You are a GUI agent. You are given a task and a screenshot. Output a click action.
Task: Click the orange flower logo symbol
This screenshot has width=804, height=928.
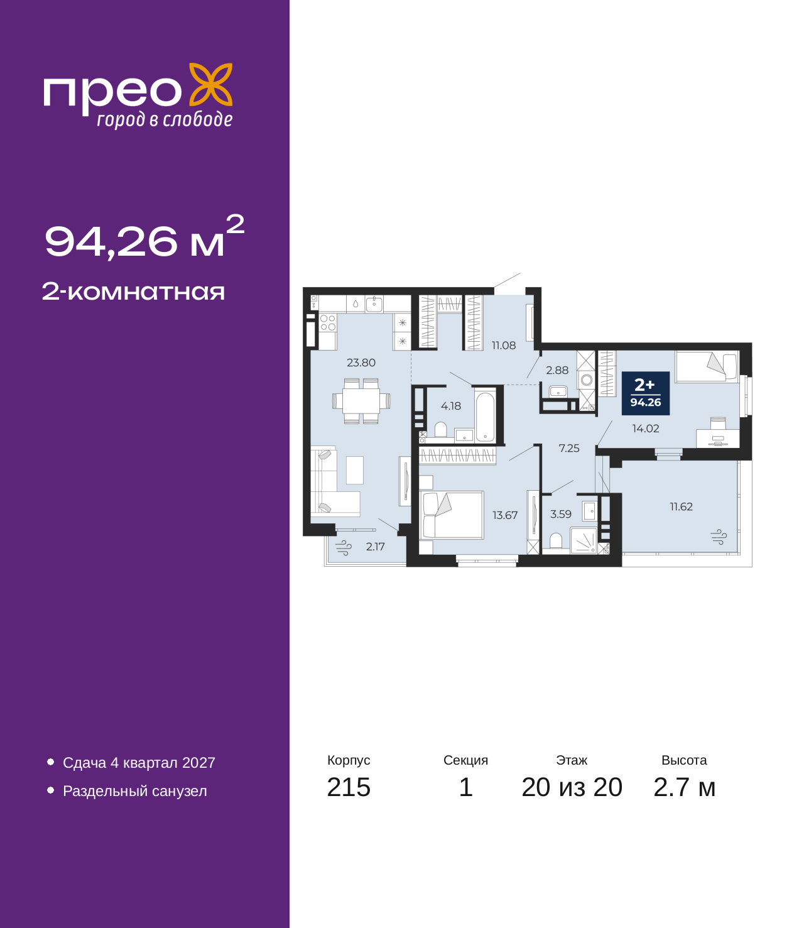click(x=210, y=84)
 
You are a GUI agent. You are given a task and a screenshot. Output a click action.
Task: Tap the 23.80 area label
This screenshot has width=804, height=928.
click(x=361, y=363)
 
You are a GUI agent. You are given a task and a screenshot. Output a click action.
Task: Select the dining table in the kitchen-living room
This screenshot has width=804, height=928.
click(x=361, y=400)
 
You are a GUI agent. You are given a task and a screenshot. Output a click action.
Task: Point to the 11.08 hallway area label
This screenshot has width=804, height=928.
click(x=504, y=345)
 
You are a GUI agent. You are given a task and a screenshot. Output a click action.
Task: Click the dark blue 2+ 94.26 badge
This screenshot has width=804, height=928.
click(x=646, y=393)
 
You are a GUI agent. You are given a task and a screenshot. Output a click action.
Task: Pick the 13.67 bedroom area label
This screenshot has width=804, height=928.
click(x=505, y=515)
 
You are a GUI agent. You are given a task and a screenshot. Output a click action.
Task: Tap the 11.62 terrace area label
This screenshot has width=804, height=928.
click(x=681, y=506)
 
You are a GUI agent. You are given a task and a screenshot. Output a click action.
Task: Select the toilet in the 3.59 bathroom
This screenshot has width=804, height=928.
click(x=556, y=540)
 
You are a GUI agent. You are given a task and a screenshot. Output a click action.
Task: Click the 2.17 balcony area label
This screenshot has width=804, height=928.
click(x=375, y=547)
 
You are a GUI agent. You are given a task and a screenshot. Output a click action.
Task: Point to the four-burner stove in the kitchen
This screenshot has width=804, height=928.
click(x=328, y=322)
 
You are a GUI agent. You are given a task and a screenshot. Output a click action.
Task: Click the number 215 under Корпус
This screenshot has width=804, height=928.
click(x=349, y=787)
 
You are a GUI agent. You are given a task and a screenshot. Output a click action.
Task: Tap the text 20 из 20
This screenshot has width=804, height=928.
click(x=572, y=787)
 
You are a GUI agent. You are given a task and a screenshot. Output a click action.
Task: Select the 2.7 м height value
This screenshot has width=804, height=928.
click(x=684, y=787)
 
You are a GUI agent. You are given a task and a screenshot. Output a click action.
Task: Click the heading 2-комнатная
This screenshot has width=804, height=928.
click(x=133, y=292)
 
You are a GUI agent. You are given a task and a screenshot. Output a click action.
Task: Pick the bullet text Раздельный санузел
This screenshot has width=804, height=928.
click(x=134, y=791)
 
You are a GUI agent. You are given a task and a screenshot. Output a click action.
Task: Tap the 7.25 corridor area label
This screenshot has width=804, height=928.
click(x=569, y=448)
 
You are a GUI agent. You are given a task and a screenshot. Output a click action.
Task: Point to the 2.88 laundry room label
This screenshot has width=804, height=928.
click(x=557, y=370)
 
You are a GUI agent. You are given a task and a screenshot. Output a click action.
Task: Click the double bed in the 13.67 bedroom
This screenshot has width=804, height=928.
click(x=451, y=515)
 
